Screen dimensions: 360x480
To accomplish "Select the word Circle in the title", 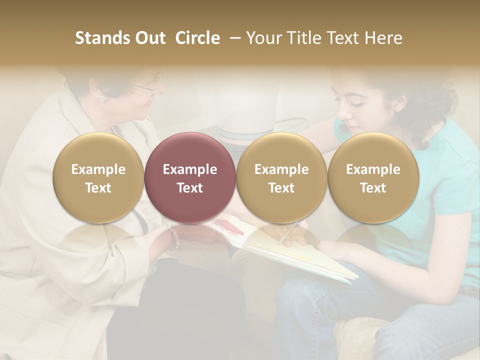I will pyautogui.click(x=197, y=38).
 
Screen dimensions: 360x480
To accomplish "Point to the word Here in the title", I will pyautogui.click(x=385, y=38).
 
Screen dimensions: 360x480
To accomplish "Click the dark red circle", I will pyautogui.click(x=189, y=178).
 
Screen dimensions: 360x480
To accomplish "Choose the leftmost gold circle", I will pyautogui.click(x=98, y=178).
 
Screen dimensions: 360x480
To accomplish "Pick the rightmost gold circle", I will pyautogui.click(x=373, y=178).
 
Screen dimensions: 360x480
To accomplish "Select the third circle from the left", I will pyautogui.click(x=281, y=178).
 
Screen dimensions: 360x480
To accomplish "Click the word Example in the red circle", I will pyautogui.click(x=189, y=169).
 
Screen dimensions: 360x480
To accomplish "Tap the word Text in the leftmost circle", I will pyautogui.click(x=98, y=188).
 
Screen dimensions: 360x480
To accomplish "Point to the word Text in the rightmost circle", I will pyautogui.click(x=373, y=188).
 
